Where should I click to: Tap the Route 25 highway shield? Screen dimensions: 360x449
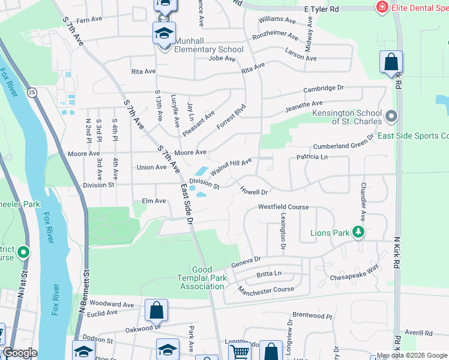point(32,92)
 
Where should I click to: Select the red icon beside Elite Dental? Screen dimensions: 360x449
point(381,7)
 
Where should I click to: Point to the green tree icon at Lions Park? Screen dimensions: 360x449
point(358,232)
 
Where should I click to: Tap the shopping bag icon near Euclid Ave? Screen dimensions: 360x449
point(156,310)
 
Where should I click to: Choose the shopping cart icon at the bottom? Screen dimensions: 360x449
point(240,351)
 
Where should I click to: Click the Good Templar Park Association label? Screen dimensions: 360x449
point(200,278)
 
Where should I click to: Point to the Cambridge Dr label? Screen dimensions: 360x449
point(323,88)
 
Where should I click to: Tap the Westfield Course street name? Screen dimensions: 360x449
point(283,207)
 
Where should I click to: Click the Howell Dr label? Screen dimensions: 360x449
point(253,191)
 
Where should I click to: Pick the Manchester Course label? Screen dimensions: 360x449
point(266,290)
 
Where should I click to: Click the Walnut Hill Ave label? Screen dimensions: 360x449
point(230,164)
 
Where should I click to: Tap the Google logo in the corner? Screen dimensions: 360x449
point(19,353)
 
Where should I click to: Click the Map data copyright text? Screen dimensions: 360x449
point(412,355)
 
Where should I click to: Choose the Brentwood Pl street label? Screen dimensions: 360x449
point(312,315)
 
